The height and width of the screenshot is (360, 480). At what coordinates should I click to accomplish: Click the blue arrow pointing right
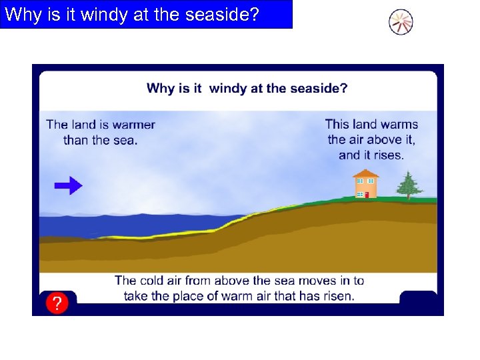coord(68,186)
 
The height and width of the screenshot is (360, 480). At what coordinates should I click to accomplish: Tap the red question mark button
coord(57,304)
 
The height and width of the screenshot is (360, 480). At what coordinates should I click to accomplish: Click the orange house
coord(365,185)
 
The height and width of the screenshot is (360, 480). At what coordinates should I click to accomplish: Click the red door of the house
coord(367,194)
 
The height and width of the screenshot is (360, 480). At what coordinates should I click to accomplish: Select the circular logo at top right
coord(401,22)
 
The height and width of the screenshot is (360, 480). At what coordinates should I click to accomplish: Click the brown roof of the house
coord(365,173)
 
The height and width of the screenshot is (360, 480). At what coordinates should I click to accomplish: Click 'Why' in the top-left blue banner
coord(21,15)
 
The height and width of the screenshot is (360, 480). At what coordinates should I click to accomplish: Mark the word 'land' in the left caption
coord(84,125)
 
